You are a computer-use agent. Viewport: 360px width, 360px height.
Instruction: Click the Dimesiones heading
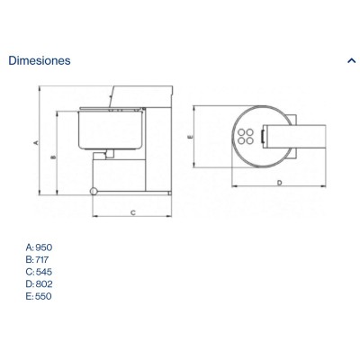tap(40, 60)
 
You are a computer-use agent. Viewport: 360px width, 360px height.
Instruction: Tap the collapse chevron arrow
tap(351, 60)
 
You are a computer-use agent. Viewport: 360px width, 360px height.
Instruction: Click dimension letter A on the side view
tap(36, 142)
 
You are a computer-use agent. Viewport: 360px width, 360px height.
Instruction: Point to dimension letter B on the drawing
tap(54, 157)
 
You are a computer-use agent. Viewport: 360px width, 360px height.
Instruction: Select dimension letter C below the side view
tap(133, 212)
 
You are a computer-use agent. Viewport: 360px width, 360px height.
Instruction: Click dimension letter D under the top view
tap(280, 183)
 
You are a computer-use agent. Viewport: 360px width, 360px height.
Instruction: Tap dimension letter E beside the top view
tap(190, 137)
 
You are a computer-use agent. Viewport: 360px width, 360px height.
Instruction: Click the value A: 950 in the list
tap(39, 247)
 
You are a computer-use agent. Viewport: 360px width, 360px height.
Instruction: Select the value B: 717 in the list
tap(37, 259)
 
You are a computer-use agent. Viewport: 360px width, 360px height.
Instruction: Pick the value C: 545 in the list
tap(39, 272)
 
